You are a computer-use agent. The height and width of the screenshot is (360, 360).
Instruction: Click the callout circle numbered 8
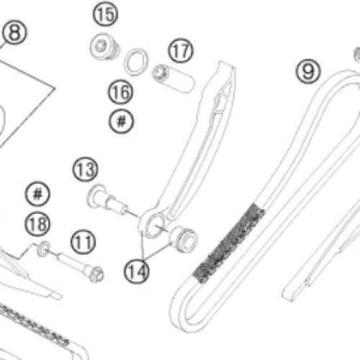[x=14, y=32]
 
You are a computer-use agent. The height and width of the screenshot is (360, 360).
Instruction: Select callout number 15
[x=105, y=14]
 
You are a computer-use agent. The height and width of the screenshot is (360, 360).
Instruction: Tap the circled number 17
[x=181, y=50]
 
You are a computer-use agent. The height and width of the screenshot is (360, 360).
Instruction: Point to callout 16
[x=120, y=92]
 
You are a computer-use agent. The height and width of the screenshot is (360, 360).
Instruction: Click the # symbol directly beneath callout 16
[x=121, y=121]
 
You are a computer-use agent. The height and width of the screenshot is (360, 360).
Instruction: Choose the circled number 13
[x=85, y=169]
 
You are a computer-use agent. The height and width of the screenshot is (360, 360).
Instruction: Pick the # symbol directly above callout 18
[x=37, y=194]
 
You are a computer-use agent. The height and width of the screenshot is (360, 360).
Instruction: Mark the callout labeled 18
[x=37, y=224]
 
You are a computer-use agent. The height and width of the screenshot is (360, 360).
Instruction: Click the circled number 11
[x=83, y=242]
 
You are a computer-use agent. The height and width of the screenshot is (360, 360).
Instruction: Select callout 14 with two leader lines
[x=137, y=271]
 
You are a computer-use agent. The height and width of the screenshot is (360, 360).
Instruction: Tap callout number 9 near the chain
[x=308, y=71]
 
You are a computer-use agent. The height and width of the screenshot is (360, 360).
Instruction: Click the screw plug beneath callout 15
[x=105, y=47]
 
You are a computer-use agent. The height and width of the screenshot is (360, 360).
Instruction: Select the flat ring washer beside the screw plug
[x=136, y=62]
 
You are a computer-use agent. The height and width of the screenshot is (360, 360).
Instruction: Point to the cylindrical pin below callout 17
[x=174, y=77]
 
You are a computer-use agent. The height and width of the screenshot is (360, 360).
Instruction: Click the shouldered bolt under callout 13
[x=106, y=199]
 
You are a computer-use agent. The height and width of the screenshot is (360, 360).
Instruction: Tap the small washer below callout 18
[x=44, y=248]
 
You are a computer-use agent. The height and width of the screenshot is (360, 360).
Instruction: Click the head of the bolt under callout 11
[x=96, y=274]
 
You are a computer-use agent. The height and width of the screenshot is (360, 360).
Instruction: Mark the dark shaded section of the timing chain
[x=228, y=243]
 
